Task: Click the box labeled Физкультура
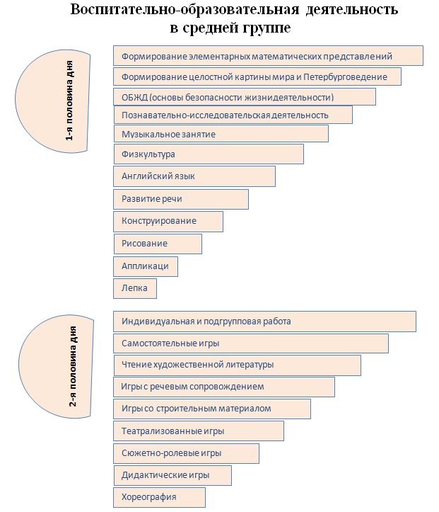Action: [x=208, y=154]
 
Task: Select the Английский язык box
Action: [x=194, y=176]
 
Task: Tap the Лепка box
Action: [x=134, y=288]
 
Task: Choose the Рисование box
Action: [x=157, y=244]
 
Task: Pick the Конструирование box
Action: [x=168, y=221]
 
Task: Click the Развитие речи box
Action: [x=180, y=199]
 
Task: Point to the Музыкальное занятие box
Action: [x=221, y=134]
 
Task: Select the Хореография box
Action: [x=159, y=497]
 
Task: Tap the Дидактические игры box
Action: [x=172, y=474]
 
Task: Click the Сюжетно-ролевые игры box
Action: [x=186, y=453]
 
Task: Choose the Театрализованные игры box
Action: [x=198, y=431]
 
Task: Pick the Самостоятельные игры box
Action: [x=250, y=343]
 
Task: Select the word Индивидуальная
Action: [x=158, y=322]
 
